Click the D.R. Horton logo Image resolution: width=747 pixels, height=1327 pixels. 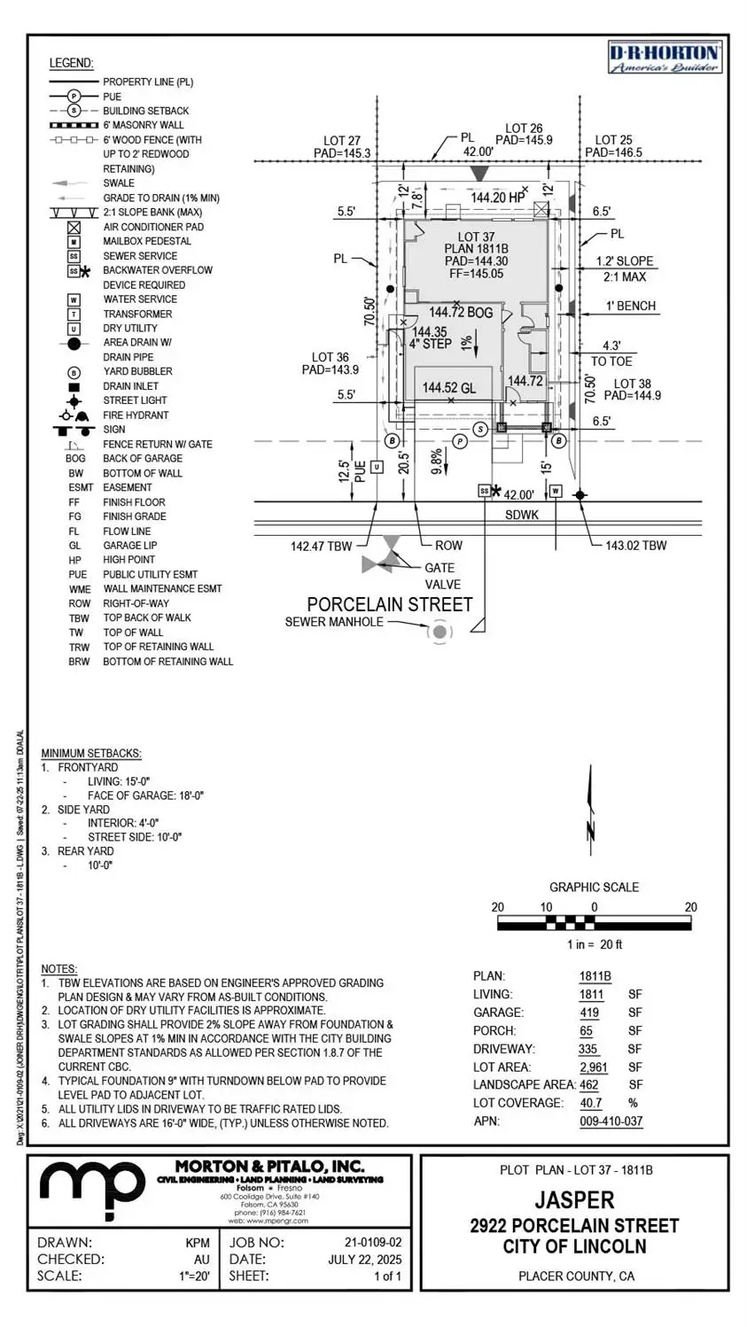(665, 58)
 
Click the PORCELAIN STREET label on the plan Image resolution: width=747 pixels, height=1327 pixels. (389, 604)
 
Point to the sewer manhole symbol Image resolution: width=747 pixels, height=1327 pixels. (440, 632)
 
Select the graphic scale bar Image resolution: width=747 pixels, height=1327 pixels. (594, 923)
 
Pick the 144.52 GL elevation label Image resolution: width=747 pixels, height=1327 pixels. (448, 387)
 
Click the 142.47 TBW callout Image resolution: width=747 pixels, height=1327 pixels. (321, 546)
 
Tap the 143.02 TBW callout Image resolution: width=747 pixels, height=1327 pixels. (635, 546)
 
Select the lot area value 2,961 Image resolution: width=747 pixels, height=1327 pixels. (593, 1067)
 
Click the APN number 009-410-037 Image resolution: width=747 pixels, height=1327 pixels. (611, 1121)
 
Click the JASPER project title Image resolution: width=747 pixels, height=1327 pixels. (574, 1200)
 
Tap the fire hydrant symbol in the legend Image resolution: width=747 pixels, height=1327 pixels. (74, 415)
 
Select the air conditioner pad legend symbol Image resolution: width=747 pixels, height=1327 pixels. (74, 227)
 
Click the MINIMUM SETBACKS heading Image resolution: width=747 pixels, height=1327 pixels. (91, 753)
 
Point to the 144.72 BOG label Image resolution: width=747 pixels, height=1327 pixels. (461, 313)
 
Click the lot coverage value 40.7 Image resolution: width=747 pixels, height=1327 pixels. (590, 1103)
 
